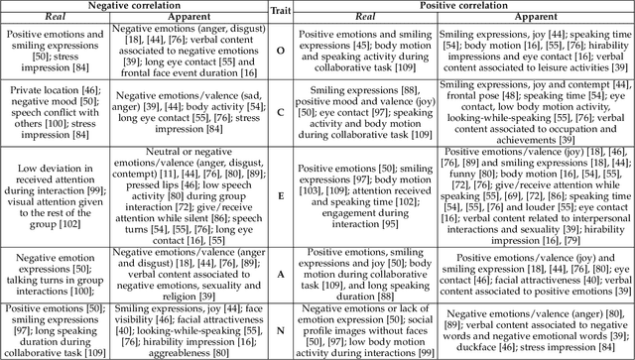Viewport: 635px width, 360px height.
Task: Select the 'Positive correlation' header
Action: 462,6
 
